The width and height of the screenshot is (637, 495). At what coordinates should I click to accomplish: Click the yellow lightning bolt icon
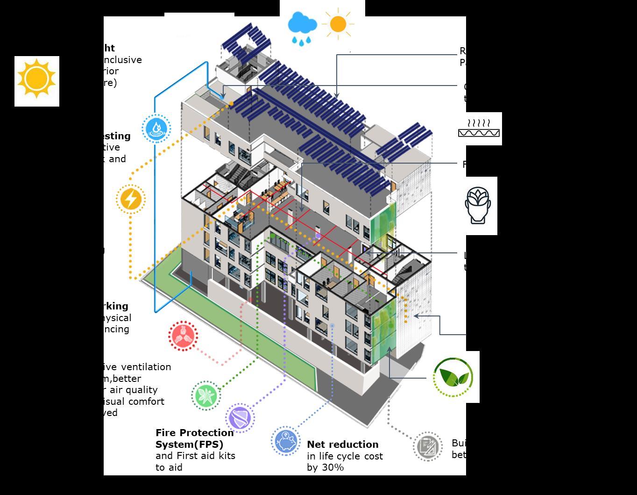[x=131, y=199]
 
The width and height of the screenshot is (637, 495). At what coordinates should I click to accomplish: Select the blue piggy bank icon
[x=285, y=440]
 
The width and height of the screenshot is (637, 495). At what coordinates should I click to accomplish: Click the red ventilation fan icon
[x=183, y=335]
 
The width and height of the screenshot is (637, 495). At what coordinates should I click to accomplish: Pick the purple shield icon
[x=240, y=417]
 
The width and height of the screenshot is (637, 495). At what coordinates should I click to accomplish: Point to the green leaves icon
[x=453, y=377]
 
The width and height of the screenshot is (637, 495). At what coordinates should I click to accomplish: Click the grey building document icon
[x=428, y=446]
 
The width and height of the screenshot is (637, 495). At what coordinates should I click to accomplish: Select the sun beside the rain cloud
[x=338, y=24]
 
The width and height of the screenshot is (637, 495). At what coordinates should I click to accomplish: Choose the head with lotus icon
[x=478, y=205]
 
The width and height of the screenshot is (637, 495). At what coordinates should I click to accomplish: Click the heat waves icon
[x=479, y=128]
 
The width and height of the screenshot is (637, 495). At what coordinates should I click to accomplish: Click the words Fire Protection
[x=194, y=433]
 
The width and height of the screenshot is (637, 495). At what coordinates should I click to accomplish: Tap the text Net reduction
[x=342, y=445]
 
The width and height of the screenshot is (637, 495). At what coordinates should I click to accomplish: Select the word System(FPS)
[x=189, y=444]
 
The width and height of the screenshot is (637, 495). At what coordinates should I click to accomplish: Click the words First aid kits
[x=206, y=456]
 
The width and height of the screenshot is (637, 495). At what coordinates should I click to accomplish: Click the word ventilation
[x=143, y=367]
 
